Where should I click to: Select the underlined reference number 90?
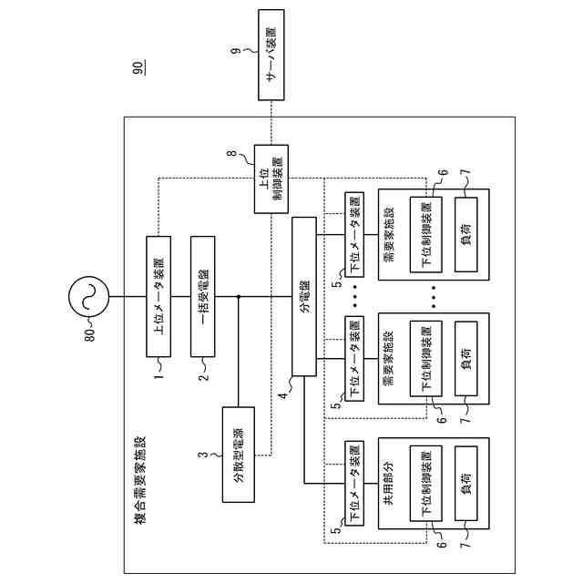click(x=139, y=67)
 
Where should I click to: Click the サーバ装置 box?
click(x=271, y=55)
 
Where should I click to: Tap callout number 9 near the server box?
click(x=236, y=50)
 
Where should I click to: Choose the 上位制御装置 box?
click(x=271, y=179)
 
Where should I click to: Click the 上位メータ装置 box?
click(x=159, y=296)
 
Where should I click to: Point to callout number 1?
click(x=159, y=376)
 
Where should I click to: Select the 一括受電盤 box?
click(x=203, y=296)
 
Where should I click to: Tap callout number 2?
click(x=204, y=377)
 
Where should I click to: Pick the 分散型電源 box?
click(x=239, y=455)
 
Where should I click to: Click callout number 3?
click(x=203, y=455)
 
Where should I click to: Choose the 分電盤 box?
click(x=304, y=296)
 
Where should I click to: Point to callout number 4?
click(x=283, y=395)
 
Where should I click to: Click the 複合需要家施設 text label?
click(x=139, y=480)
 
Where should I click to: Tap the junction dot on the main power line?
click(x=239, y=296)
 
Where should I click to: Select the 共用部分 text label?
click(x=388, y=483)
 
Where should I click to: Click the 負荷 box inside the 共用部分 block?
click(x=466, y=484)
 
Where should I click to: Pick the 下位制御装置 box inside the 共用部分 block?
click(x=426, y=484)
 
